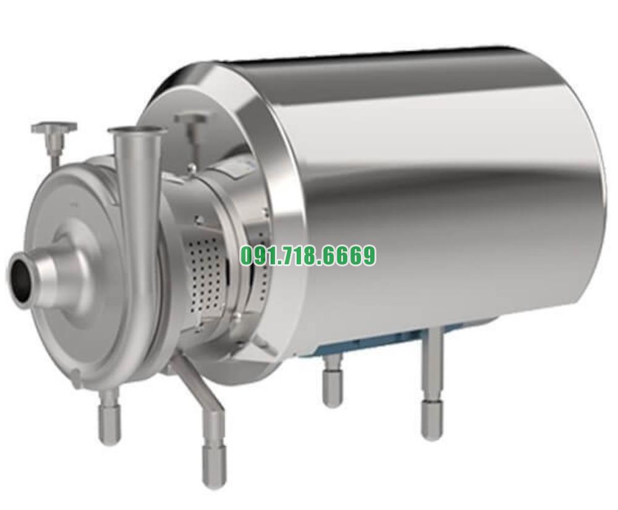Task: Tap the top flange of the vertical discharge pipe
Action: pos(137,131)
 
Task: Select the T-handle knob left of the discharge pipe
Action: pos(54,129)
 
